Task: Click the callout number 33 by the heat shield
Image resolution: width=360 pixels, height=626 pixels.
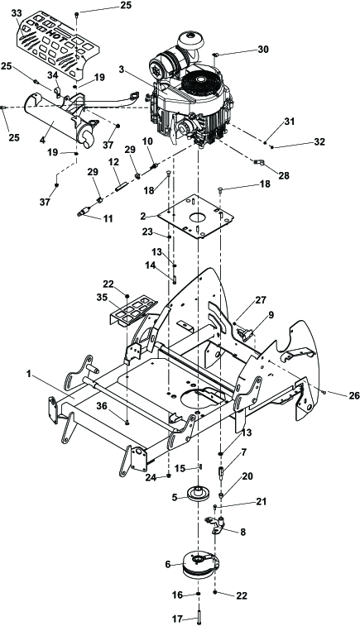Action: [x=17, y=13]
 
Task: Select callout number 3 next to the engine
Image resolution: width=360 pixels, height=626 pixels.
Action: [x=121, y=69]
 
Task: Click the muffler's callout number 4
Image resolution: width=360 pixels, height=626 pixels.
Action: [x=42, y=140]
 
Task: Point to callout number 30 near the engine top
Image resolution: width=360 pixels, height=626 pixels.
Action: [x=263, y=50]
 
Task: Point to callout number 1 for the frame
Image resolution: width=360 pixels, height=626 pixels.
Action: [x=28, y=374]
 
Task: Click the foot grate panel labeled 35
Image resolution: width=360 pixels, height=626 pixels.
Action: [x=133, y=310]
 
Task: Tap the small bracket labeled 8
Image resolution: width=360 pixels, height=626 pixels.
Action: [x=217, y=525]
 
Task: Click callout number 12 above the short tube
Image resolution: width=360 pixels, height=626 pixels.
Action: [x=113, y=162]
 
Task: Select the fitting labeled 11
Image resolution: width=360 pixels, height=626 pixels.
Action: [x=84, y=210]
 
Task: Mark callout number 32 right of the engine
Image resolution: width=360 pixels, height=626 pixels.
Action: [x=319, y=141]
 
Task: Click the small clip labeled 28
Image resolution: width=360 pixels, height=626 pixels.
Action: [x=259, y=162]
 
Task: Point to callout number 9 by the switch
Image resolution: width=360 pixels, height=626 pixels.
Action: [x=271, y=315]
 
